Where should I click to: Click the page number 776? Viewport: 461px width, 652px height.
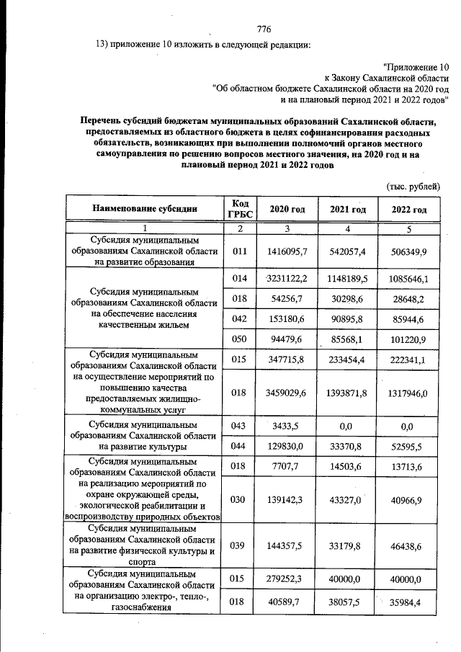pyautogui.click(x=263, y=30)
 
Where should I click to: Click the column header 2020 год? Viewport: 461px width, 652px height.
pyautogui.click(x=287, y=209)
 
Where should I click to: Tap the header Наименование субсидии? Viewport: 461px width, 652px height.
pyautogui.click(x=144, y=209)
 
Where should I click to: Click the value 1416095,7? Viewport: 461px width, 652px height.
pyautogui.click(x=287, y=251)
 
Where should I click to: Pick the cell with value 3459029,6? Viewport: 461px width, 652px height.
pyautogui.click(x=287, y=393)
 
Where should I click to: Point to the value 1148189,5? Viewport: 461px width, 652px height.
pyautogui.click(x=349, y=278)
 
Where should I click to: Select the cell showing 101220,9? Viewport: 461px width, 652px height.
pyautogui.click(x=409, y=339)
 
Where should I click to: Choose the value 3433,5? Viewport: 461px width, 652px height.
pyautogui.click(x=287, y=427)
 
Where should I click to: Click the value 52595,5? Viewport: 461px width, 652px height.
pyautogui.click(x=409, y=447)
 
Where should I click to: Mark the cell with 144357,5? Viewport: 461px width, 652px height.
pyautogui.click(x=287, y=547)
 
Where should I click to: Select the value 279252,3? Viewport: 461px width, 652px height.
pyautogui.click(x=287, y=578)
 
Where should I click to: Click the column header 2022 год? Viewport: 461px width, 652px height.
pyautogui.click(x=409, y=209)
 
